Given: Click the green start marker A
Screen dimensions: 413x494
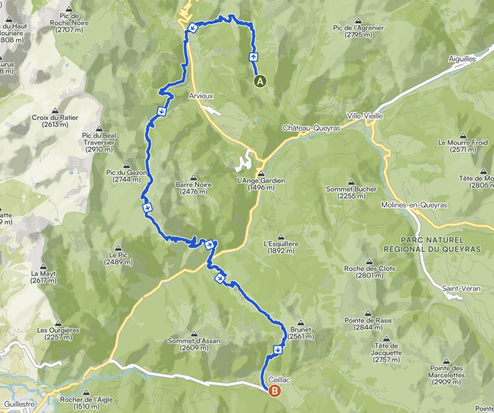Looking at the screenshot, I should point(260,81).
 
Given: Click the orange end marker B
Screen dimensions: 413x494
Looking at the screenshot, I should point(274,391).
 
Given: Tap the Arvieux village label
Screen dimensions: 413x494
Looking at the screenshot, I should point(201,96).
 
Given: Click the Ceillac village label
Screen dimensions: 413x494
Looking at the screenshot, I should point(281,380).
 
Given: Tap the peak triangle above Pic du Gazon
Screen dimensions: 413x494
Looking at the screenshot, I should point(126,165).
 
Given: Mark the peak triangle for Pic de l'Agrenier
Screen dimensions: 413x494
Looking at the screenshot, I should point(358,21).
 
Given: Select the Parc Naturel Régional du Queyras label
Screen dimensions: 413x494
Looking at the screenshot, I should point(432,244).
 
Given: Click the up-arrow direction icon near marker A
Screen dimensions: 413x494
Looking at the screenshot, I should point(253,56).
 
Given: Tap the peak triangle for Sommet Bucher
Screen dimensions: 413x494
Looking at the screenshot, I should point(351,182).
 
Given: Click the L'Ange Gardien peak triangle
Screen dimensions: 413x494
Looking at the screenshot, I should point(261,174).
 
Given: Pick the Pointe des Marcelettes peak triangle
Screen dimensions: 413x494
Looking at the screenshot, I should point(445,361).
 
